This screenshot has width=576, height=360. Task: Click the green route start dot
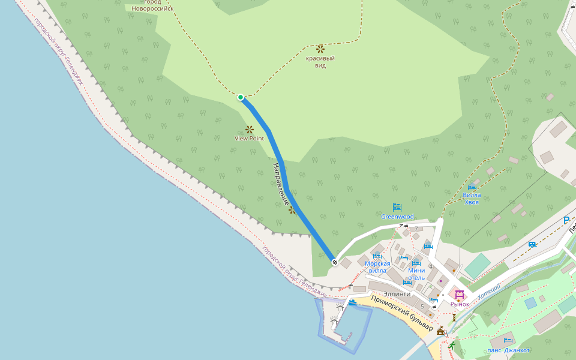(x=241, y=97)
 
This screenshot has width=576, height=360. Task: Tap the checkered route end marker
(x=334, y=262)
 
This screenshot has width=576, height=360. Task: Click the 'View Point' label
(x=249, y=139)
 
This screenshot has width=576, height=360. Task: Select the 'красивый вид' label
(x=320, y=62)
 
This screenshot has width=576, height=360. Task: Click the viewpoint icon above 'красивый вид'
(x=320, y=48)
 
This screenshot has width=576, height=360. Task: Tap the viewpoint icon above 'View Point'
(x=250, y=129)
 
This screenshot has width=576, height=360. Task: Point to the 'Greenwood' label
(x=397, y=217)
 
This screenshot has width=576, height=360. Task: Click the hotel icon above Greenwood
(x=397, y=207)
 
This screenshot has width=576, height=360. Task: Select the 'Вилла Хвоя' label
(x=472, y=199)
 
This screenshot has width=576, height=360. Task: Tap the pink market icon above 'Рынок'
(x=460, y=295)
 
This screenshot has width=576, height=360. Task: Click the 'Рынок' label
(x=460, y=304)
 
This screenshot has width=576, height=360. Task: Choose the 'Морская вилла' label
(x=377, y=267)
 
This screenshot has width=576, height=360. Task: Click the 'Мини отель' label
(x=416, y=274)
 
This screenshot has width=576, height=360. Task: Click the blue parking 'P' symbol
(x=566, y=221)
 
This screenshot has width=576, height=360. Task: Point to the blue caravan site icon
(x=532, y=244)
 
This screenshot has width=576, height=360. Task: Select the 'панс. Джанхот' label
(x=508, y=350)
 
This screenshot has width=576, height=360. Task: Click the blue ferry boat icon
(x=353, y=302)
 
